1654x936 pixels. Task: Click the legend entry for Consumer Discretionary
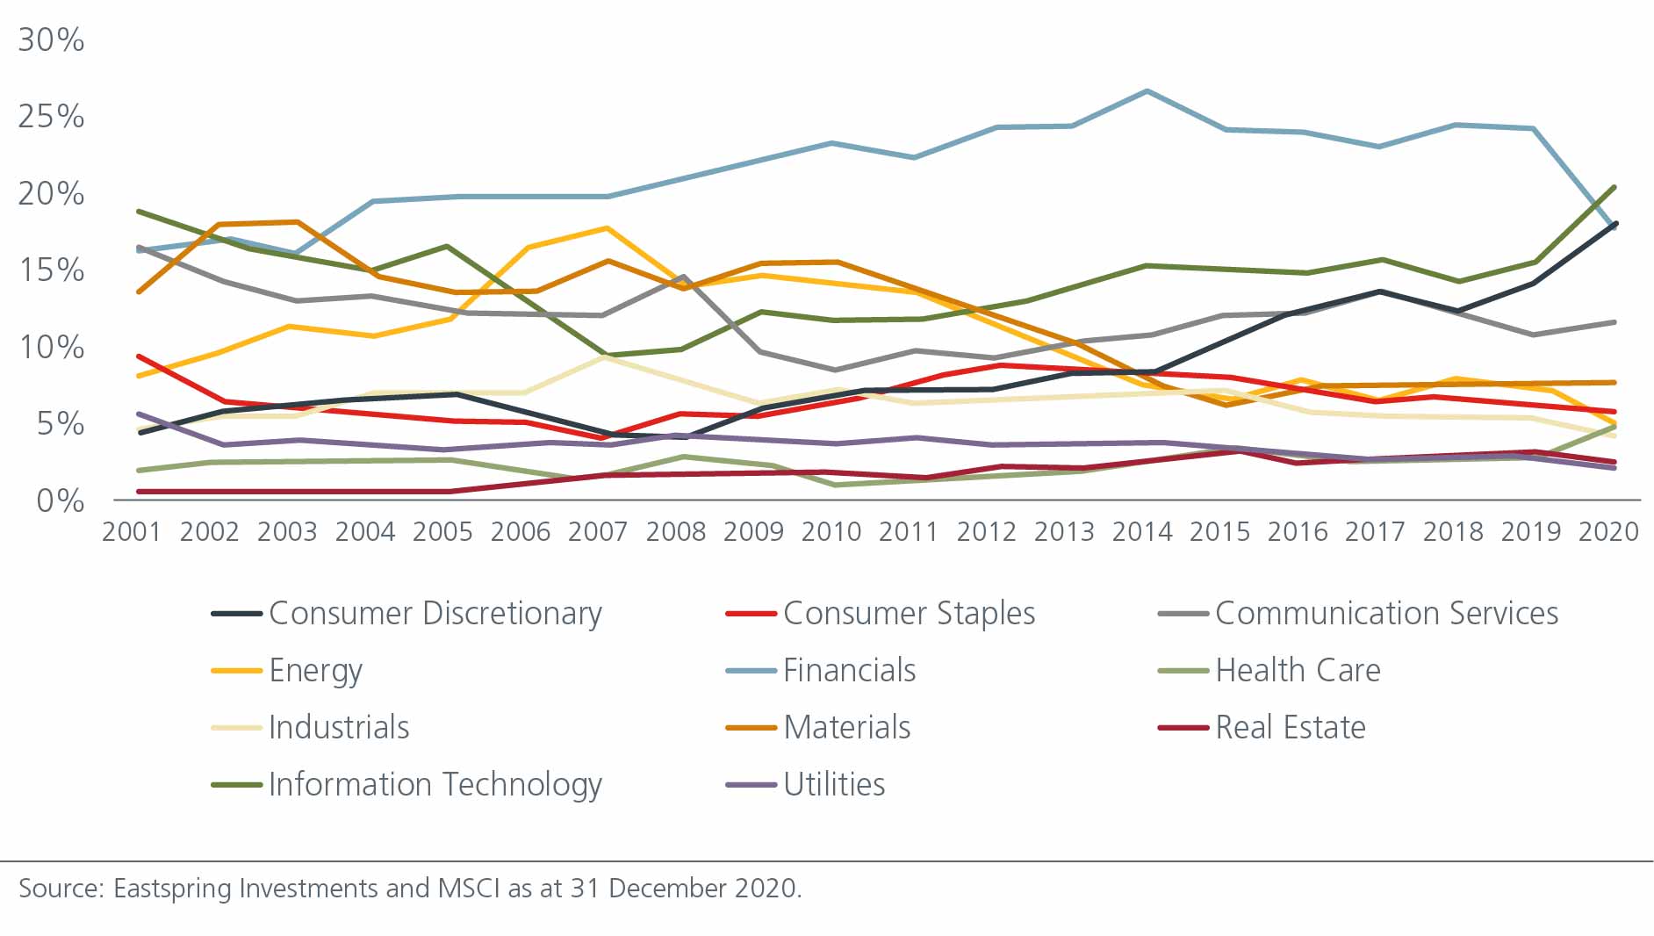(435, 614)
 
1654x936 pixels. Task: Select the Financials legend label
(848, 671)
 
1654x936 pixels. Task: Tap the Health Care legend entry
(1297, 671)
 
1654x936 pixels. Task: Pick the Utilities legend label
(833, 784)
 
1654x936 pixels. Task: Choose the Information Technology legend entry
(435, 784)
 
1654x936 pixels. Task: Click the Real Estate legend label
(1290, 728)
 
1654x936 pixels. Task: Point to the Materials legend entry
(846, 728)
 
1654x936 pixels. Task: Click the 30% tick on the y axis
(51, 40)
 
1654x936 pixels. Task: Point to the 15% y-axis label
(51, 270)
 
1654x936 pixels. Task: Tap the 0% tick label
(60, 500)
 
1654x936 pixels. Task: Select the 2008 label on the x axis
(675, 532)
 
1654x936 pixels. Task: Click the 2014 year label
(1141, 532)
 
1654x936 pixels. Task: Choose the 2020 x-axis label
(1607, 532)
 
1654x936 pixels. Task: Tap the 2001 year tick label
(132, 532)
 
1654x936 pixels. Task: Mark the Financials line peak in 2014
(1147, 91)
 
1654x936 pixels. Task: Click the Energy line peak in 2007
(606, 228)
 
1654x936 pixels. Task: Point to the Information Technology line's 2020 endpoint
(1614, 187)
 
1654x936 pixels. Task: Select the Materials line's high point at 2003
(298, 222)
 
